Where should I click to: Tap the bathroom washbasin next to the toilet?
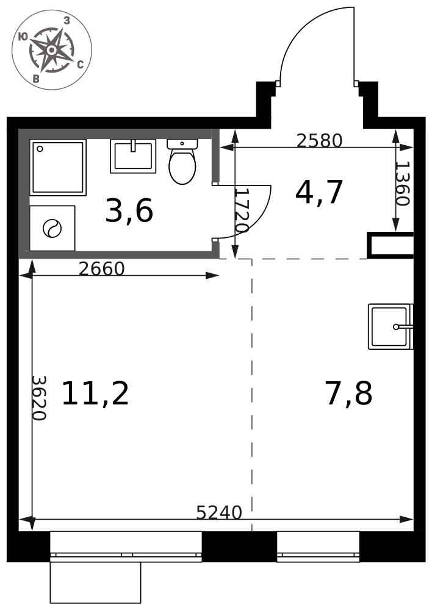coord(133,156)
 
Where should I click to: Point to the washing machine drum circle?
coord(52,228)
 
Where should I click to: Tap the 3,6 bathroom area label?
coord(129,211)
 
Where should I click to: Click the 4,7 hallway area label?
coord(319,193)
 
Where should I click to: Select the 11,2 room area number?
coord(95,393)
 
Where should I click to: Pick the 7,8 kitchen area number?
coord(349,393)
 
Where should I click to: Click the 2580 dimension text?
coord(319,140)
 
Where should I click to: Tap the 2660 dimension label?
coord(101,268)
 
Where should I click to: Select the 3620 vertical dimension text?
coord(39,398)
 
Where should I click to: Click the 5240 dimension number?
coord(219,512)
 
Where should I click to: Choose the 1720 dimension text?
coord(242,210)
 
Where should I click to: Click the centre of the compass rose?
coord(51,50)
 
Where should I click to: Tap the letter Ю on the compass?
coord(23,37)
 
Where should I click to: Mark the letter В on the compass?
coord(36,79)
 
